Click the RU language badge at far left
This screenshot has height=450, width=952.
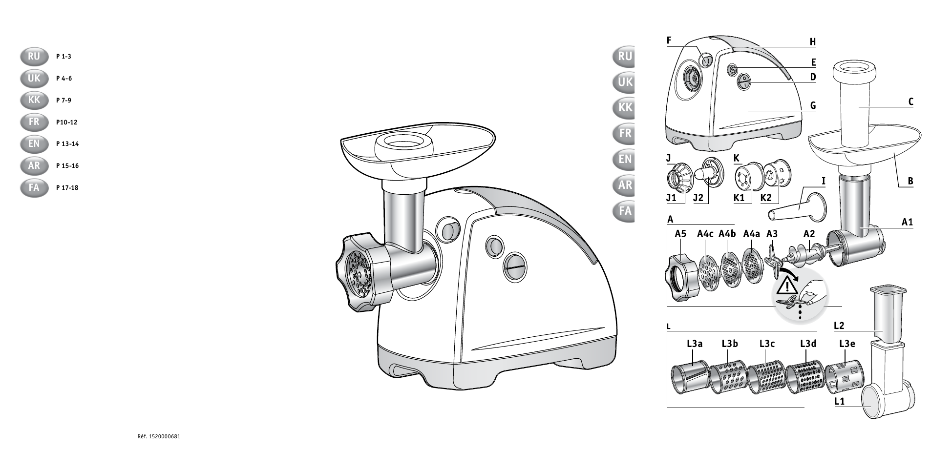34,57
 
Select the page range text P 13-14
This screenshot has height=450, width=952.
67,144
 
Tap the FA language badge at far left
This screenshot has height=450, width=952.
34,188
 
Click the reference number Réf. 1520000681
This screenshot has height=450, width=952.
160,436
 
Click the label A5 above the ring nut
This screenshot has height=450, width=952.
680,234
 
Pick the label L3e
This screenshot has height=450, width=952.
847,344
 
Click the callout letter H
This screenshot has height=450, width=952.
813,42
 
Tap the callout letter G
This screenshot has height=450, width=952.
813,105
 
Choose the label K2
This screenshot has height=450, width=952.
766,198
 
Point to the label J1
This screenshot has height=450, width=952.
671,198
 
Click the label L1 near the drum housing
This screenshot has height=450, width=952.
840,402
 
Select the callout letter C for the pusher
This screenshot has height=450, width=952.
910,102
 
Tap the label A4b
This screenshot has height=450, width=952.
727,234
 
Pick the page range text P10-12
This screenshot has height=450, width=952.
67,122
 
